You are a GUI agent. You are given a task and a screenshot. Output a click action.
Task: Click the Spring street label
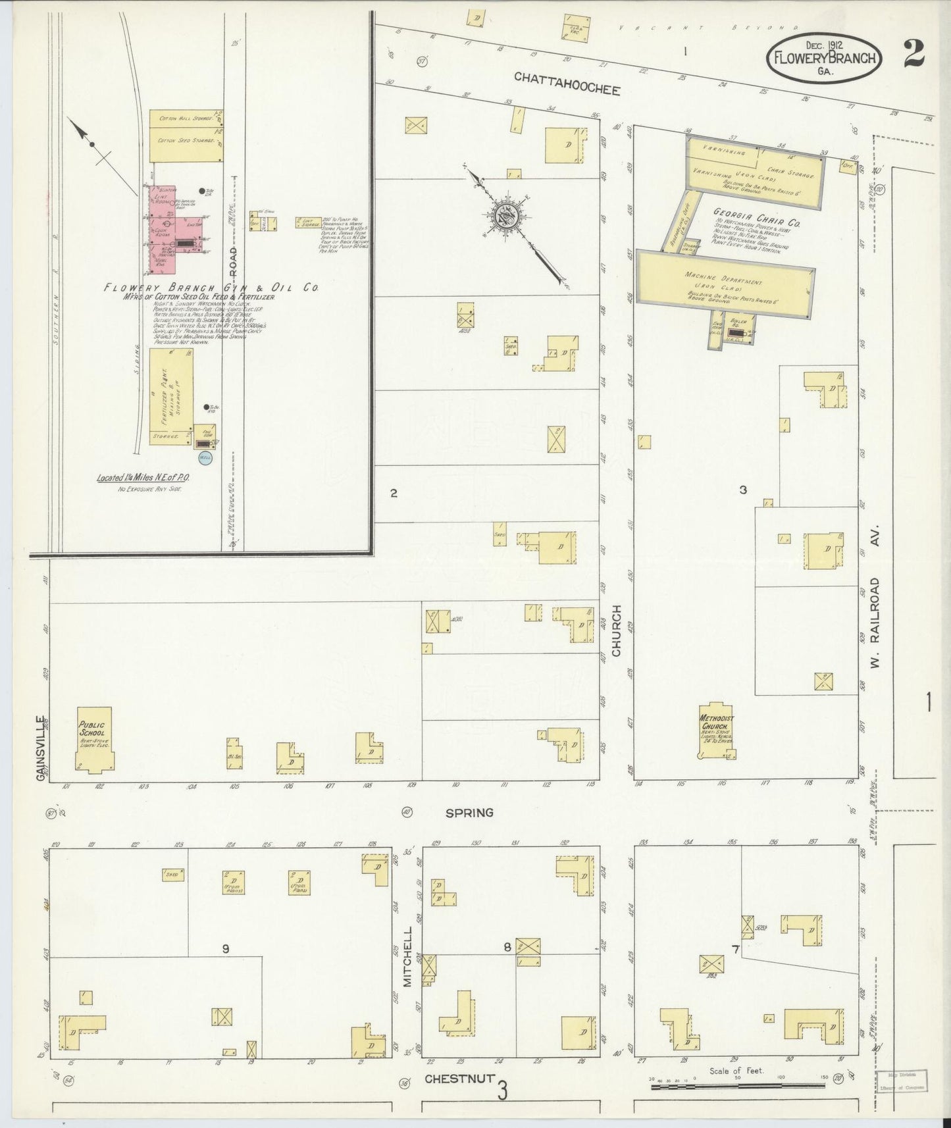pyautogui.click(x=469, y=813)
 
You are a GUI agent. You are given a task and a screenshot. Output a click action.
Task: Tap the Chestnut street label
pyautogui.click(x=455, y=1079)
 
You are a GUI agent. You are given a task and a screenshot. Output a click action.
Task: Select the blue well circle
pyautogui.click(x=205, y=458)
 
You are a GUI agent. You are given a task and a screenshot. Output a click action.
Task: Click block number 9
pyautogui.click(x=225, y=948)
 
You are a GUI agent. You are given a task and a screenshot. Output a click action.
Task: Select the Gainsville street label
pyautogui.click(x=41, y=748)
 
